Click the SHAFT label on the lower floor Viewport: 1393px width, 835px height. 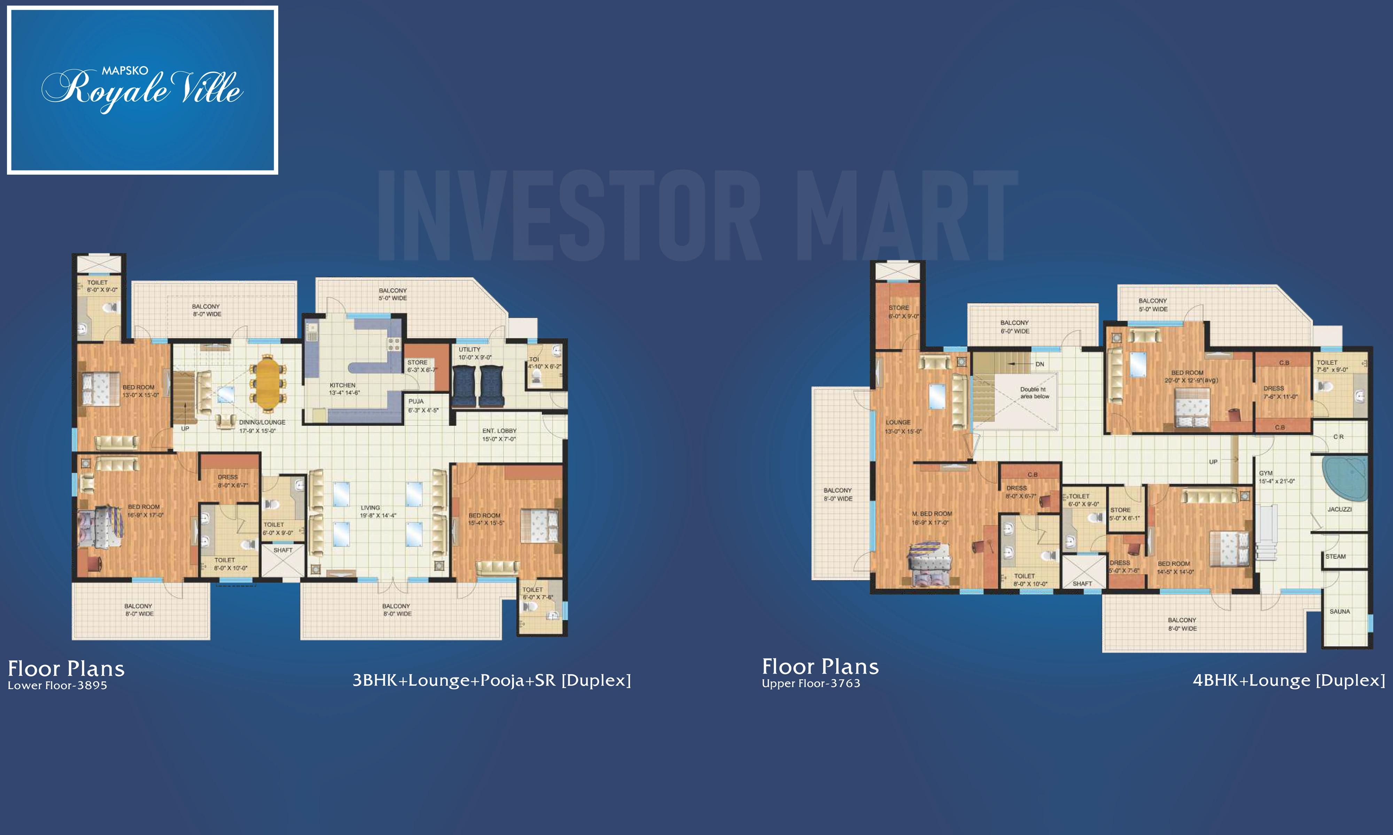point(283,550)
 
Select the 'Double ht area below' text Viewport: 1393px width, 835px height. point(1035,393)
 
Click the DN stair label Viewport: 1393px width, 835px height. point(1040,364)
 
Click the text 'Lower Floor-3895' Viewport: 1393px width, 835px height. point(57,685)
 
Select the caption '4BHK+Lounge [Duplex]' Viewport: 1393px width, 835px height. point(1289,680)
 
